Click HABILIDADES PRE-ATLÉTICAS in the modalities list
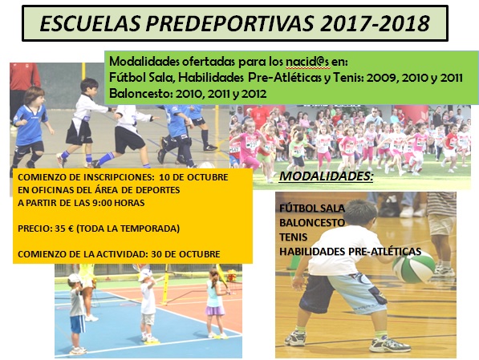(x=350, y=251)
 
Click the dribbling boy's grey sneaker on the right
(x=390, y=344)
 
